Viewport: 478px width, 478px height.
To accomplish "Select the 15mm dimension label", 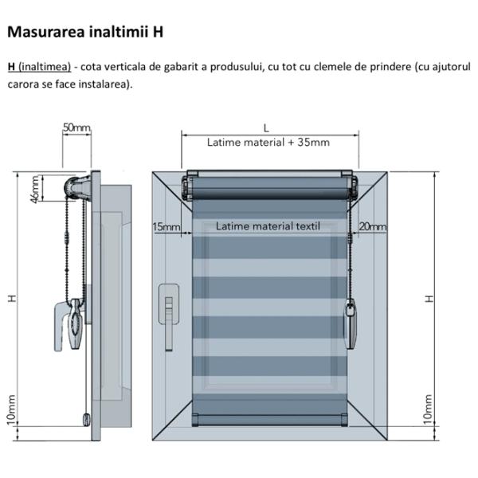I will point(166,227).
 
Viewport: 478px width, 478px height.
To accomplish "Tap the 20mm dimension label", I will point(372,227).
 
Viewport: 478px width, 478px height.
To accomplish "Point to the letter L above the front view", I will point(266,127).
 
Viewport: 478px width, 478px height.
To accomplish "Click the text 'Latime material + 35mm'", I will point(268,143).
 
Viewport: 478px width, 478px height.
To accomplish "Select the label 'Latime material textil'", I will point(268,226).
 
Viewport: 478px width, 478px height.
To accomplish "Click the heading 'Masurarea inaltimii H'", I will point(85,33).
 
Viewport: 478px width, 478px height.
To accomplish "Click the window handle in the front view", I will point(169,310).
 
